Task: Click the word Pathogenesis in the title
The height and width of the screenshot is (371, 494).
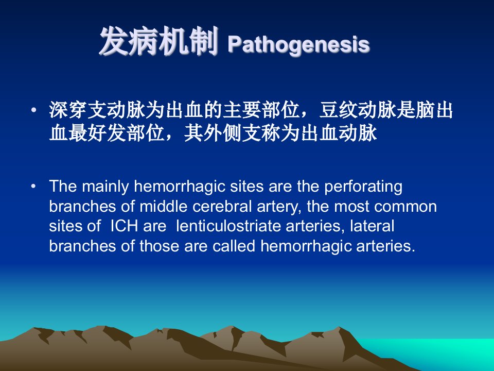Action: click(298, 45)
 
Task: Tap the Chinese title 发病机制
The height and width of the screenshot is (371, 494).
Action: click(159, 41)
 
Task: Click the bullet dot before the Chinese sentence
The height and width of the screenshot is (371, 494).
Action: click(33, 110)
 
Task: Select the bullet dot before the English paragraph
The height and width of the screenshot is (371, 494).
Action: click(33, 186)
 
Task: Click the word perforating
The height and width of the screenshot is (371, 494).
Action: click(363, 187)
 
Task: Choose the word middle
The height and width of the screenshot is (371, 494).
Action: click(164, 207)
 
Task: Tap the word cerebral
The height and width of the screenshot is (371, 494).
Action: click(222, 207)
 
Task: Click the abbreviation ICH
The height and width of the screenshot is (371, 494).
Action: click(124, 227)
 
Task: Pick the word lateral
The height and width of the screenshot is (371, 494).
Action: click(372, 226)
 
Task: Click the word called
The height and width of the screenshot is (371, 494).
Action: click(234, 246)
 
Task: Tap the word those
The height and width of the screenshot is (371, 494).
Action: click(160, 246)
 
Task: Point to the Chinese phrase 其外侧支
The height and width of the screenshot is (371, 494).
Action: click(222, 133)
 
